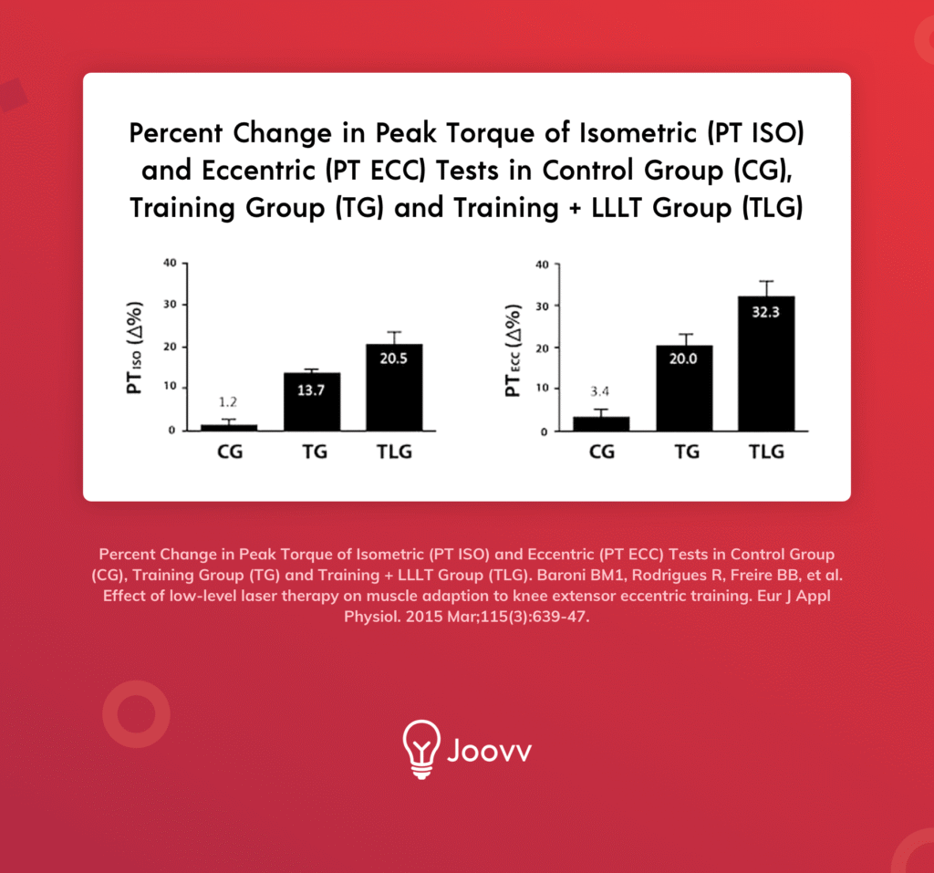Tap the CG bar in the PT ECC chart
(601, 424)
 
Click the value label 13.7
(312, 391)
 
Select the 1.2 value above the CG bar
(228, 401)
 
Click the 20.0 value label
(683, 359)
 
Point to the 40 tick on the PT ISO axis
(169, 264)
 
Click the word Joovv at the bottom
(490, 752)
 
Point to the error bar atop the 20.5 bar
(394, 337)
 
